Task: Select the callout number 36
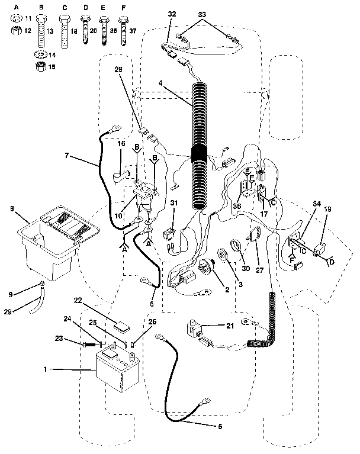point(237,205)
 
